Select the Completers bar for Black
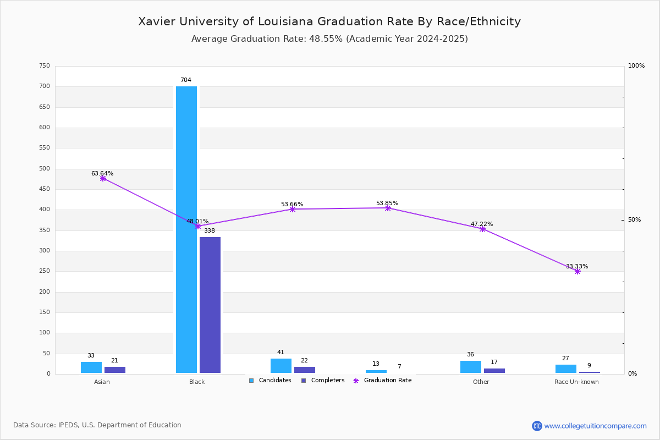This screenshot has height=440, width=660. [x=210, y=305]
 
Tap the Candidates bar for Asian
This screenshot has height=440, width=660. [x=91, y=367]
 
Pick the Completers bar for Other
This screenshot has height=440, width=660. [x=494, y=371]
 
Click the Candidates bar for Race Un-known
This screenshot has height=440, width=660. [x=566, y=369]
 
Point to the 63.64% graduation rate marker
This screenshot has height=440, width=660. [x=103, y=178]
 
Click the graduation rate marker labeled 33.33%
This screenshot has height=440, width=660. [x=577, y=271]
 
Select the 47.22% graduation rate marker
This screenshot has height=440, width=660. [x=482, y=229]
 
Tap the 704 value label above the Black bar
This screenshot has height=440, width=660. [x=186, y=80]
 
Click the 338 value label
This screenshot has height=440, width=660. [x=210, y=231]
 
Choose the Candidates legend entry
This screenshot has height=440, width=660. [x=270, y=381]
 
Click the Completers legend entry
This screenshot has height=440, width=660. [x=323, y=381]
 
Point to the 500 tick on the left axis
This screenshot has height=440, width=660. [x=45, y=169]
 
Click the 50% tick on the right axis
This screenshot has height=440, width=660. [x=634, y=220]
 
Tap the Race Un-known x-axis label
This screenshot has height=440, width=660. [x=576, y=382]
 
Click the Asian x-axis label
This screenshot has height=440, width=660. [x=102, y=382]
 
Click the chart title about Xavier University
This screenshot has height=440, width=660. [x=329, y=21]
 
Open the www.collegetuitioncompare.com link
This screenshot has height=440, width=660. [x=595, y=426]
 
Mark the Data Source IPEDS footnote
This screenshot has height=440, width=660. [x=97, y=425]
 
